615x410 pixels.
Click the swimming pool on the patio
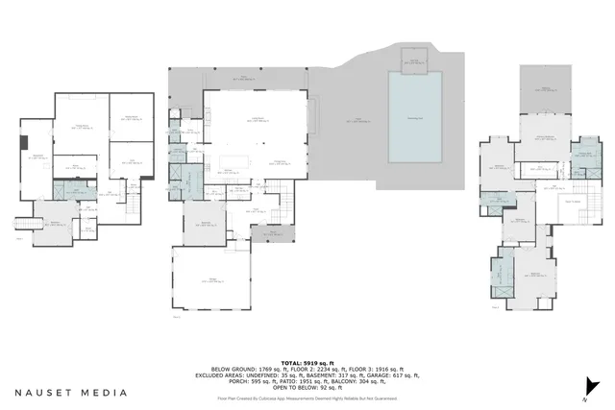415,116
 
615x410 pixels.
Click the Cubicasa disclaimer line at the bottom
307,398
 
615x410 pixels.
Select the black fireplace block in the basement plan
24,145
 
